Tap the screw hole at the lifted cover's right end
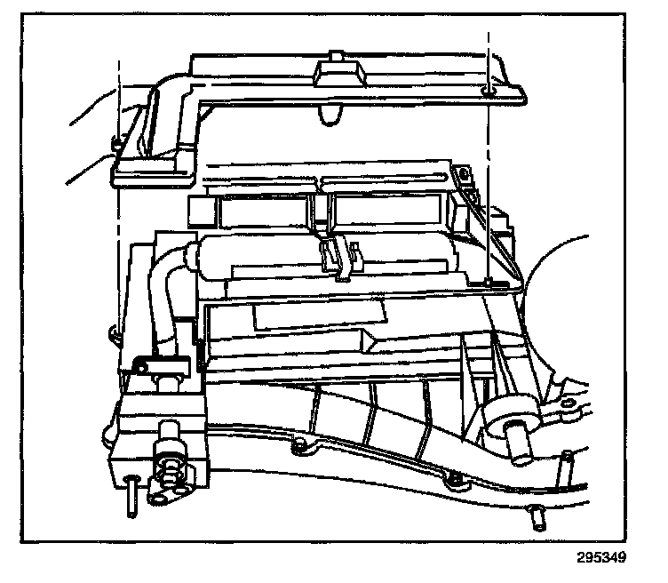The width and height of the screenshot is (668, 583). click(x=487, y=91)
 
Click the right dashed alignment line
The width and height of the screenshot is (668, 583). click(x=488, y=178)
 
